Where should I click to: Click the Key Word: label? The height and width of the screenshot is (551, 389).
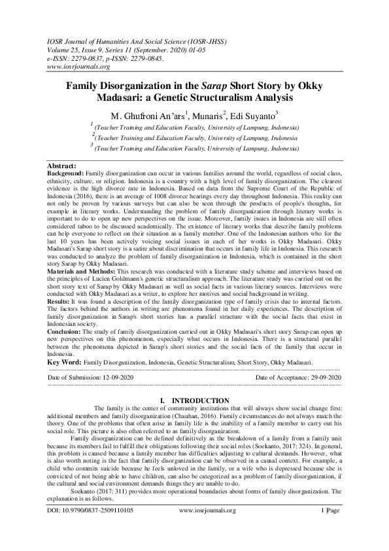[x=65, y=361]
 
